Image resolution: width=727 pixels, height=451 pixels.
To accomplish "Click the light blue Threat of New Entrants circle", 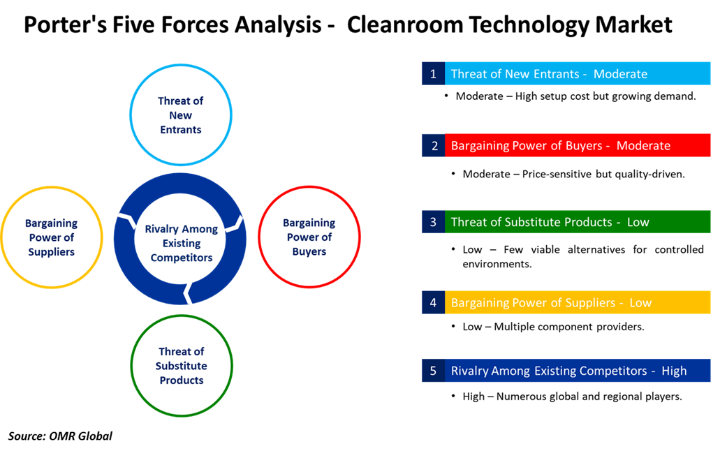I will click(x=180, y=115).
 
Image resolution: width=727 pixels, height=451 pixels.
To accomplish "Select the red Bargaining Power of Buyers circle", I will click(x=309, y=237).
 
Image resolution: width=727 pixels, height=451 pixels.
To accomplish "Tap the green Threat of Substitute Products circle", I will click(x=182, y=365).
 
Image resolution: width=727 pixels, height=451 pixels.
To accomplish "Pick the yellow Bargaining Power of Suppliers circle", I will click(x=52, y=237).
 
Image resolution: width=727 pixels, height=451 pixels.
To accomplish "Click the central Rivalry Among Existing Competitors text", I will click(x=181, y=243).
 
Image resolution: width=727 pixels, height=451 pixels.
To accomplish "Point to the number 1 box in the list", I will click(x=433, y=74).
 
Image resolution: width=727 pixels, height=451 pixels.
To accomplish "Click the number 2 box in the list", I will click(x=433, y=146).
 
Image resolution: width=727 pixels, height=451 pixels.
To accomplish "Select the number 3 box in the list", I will click(x=433, y=222).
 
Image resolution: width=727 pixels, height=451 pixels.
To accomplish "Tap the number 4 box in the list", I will click(x=433, y=303).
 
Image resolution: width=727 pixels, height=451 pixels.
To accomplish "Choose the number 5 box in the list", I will click(x=433, y=371).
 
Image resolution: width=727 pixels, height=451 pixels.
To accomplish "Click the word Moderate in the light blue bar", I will click(x=620, y=74).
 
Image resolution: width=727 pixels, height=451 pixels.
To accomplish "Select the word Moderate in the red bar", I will click(x=643, y=146).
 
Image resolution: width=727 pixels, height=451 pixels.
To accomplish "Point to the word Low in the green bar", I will click(x=638, y=222).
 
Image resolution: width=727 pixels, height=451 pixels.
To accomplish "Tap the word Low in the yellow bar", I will click(x=640, y=303).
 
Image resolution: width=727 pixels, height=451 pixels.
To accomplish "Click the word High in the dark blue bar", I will click(x=674, y=371).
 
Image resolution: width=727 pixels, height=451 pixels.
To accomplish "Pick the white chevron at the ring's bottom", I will click(x=187, y=293).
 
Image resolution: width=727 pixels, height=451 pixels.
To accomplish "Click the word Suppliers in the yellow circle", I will click(x=52, y=251).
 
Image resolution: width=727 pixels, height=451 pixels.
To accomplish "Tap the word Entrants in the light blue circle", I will click(x=180, y=130).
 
